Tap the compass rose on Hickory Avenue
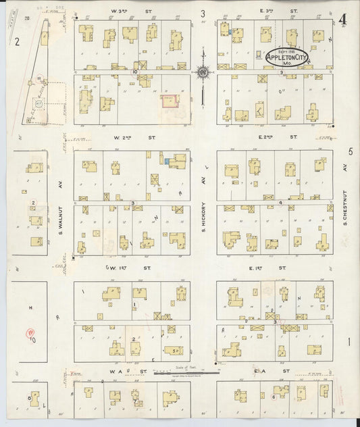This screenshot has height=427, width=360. pyautogui.click(x=203, y=71)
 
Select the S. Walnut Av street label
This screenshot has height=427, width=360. pyautogui.click(x=59, y=220)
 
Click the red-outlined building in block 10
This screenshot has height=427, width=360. pyautogui.click(x=168, y=101)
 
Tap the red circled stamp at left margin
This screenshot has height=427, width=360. pyautogui.click(x=30, y=332)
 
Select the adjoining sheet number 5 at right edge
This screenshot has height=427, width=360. pyautogui.click(x=350, y=153)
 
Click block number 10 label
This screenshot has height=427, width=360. pyautogui.click(x=135, y=70)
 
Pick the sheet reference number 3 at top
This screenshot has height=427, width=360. pyautogui.click(x=203, y=14)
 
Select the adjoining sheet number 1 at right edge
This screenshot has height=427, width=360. pyautogui.click(x=349, y=343)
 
